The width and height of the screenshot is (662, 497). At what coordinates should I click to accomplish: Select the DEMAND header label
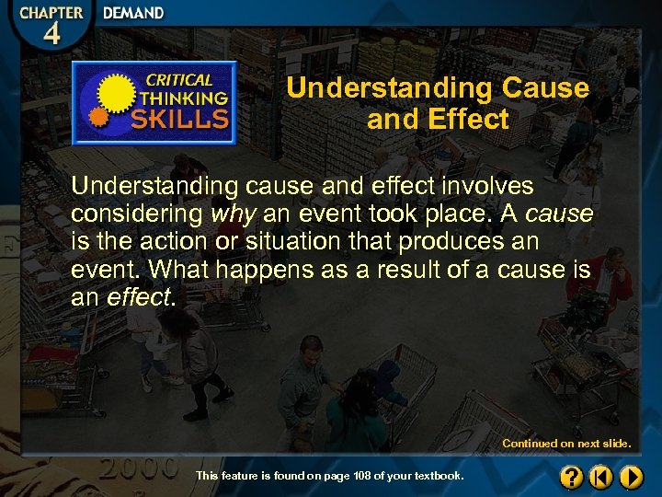click(x=133, y=14)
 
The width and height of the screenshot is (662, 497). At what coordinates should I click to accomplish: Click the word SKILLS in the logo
click(x=179, y=118)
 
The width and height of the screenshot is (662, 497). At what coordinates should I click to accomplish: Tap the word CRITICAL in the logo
click(x=180, y=80)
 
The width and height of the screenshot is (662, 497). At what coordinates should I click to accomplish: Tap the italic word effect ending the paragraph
click(x=138, y=298)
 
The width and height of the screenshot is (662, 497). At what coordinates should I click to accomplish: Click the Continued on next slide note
click(x=566, y=444)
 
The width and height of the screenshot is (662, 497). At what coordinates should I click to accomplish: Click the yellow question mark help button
click(x=571, y=477)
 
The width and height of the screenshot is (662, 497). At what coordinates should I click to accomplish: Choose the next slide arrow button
click(x=630, y=477)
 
